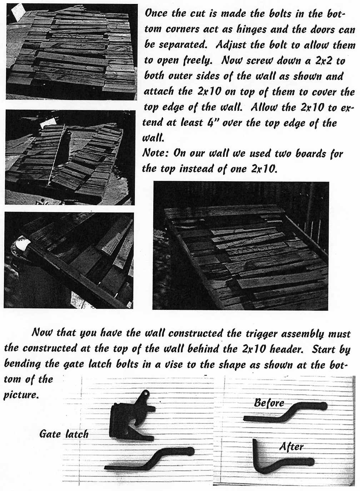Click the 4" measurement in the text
213,123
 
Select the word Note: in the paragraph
155,153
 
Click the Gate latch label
64,434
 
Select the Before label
269,403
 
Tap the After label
291,447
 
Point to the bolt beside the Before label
286,412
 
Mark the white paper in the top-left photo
17,14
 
